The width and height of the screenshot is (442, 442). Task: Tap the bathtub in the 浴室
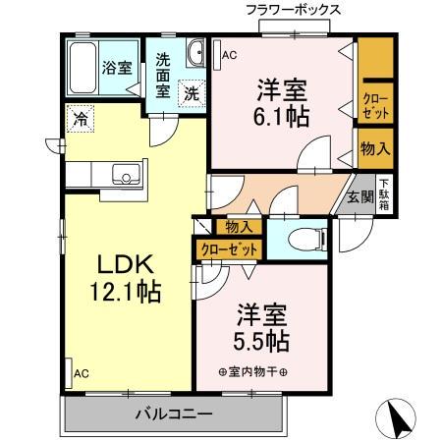tap(83, 67)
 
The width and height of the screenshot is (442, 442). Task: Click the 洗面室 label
tap(163, 74)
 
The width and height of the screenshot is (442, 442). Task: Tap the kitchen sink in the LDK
tap(125, 177)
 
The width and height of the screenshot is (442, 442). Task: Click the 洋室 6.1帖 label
tap(282, 102)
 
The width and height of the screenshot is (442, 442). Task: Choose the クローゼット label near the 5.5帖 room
tap(230, 250)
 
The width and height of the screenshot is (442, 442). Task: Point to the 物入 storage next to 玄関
tap(375, 149)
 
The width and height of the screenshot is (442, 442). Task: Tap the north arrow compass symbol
tap(400, 419)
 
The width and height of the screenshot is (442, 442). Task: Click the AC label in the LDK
tap(81, 374)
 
